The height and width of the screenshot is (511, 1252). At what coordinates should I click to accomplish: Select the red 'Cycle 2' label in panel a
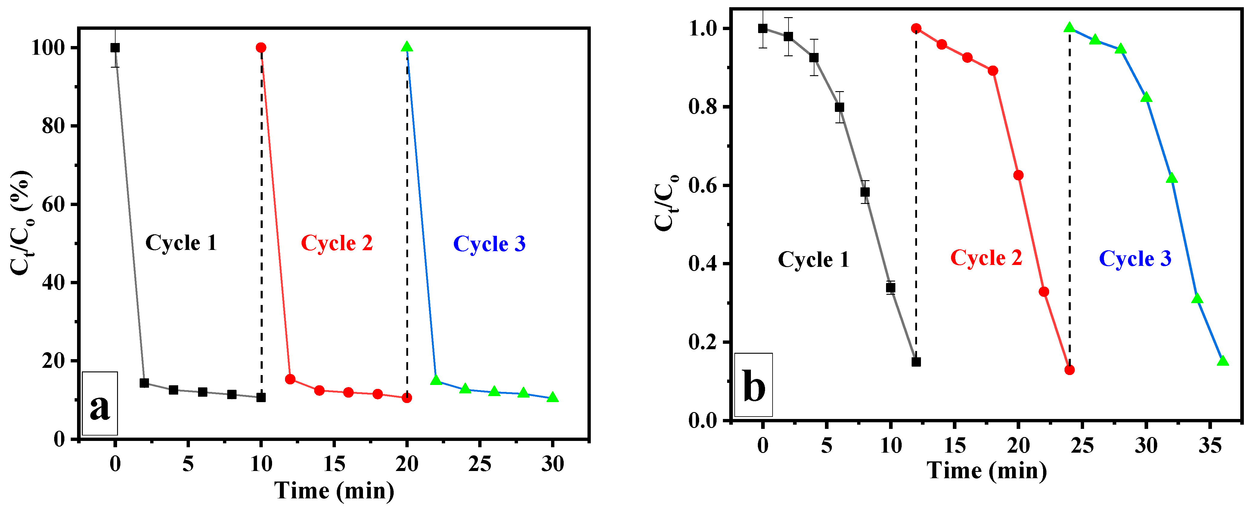coord(336,243)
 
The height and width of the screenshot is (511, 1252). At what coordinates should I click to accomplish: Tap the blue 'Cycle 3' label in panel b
coord(1135,258)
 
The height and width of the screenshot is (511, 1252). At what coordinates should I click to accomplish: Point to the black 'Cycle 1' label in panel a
coord(181,243)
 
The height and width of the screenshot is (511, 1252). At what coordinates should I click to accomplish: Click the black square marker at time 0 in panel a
coord(115,48)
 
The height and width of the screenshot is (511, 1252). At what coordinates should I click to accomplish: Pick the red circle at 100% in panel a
coord(261,48)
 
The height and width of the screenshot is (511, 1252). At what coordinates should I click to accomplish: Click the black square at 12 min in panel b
coord(916,362)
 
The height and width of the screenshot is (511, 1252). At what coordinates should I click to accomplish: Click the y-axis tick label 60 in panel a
coord(54,205)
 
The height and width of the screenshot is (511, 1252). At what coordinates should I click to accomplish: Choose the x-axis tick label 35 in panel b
coord(1210,445)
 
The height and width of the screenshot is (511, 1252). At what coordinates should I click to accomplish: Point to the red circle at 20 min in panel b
coord(1018,175)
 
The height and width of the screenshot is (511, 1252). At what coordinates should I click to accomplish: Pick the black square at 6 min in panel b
coord(839,107)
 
